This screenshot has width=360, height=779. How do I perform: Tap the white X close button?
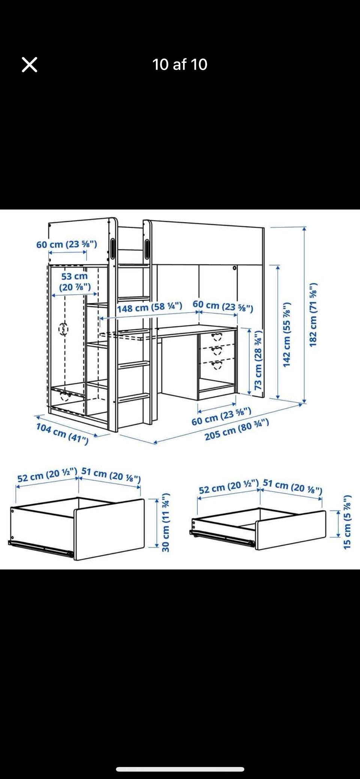point(30,64)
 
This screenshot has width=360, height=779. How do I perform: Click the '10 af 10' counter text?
point(180,64)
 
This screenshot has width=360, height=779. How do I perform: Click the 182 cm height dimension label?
point(313,315)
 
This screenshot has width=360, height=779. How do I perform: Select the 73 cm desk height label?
point(258,360)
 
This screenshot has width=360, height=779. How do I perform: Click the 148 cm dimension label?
point(150,307)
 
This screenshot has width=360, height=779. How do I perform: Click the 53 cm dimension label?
point(75,282)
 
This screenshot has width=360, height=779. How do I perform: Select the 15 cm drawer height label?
point(347,522)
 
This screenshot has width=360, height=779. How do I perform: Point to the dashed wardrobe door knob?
point(63,329)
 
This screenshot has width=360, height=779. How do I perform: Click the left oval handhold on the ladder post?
point(113,248)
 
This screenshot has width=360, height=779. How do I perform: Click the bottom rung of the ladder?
point(134,397)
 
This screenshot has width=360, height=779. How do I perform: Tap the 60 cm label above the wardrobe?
point(67,244)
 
